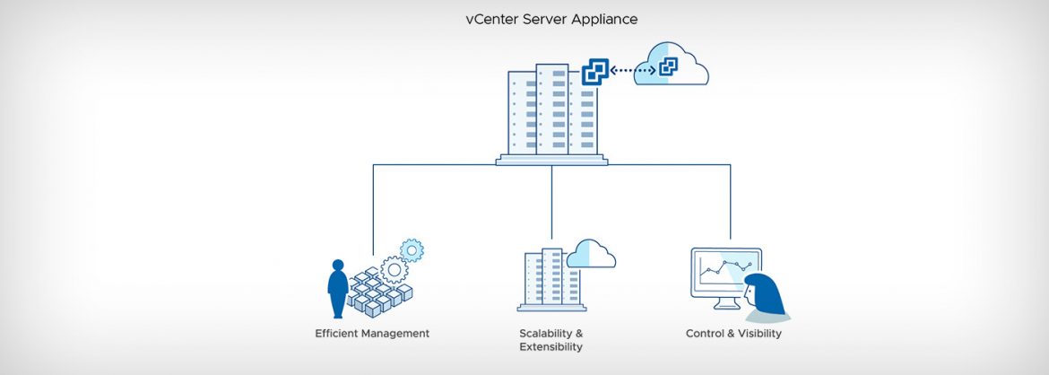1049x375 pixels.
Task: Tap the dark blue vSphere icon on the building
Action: point(594,73)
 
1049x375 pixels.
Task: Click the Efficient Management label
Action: point(372,334)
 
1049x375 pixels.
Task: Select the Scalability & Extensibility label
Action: point(551,340)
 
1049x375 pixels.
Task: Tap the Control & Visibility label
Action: point(733,334)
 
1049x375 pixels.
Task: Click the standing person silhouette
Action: point(337,287)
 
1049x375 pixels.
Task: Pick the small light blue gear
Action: point(412,249)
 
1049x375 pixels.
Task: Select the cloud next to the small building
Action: point(591,255)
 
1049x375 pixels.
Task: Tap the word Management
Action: point(396,334)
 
